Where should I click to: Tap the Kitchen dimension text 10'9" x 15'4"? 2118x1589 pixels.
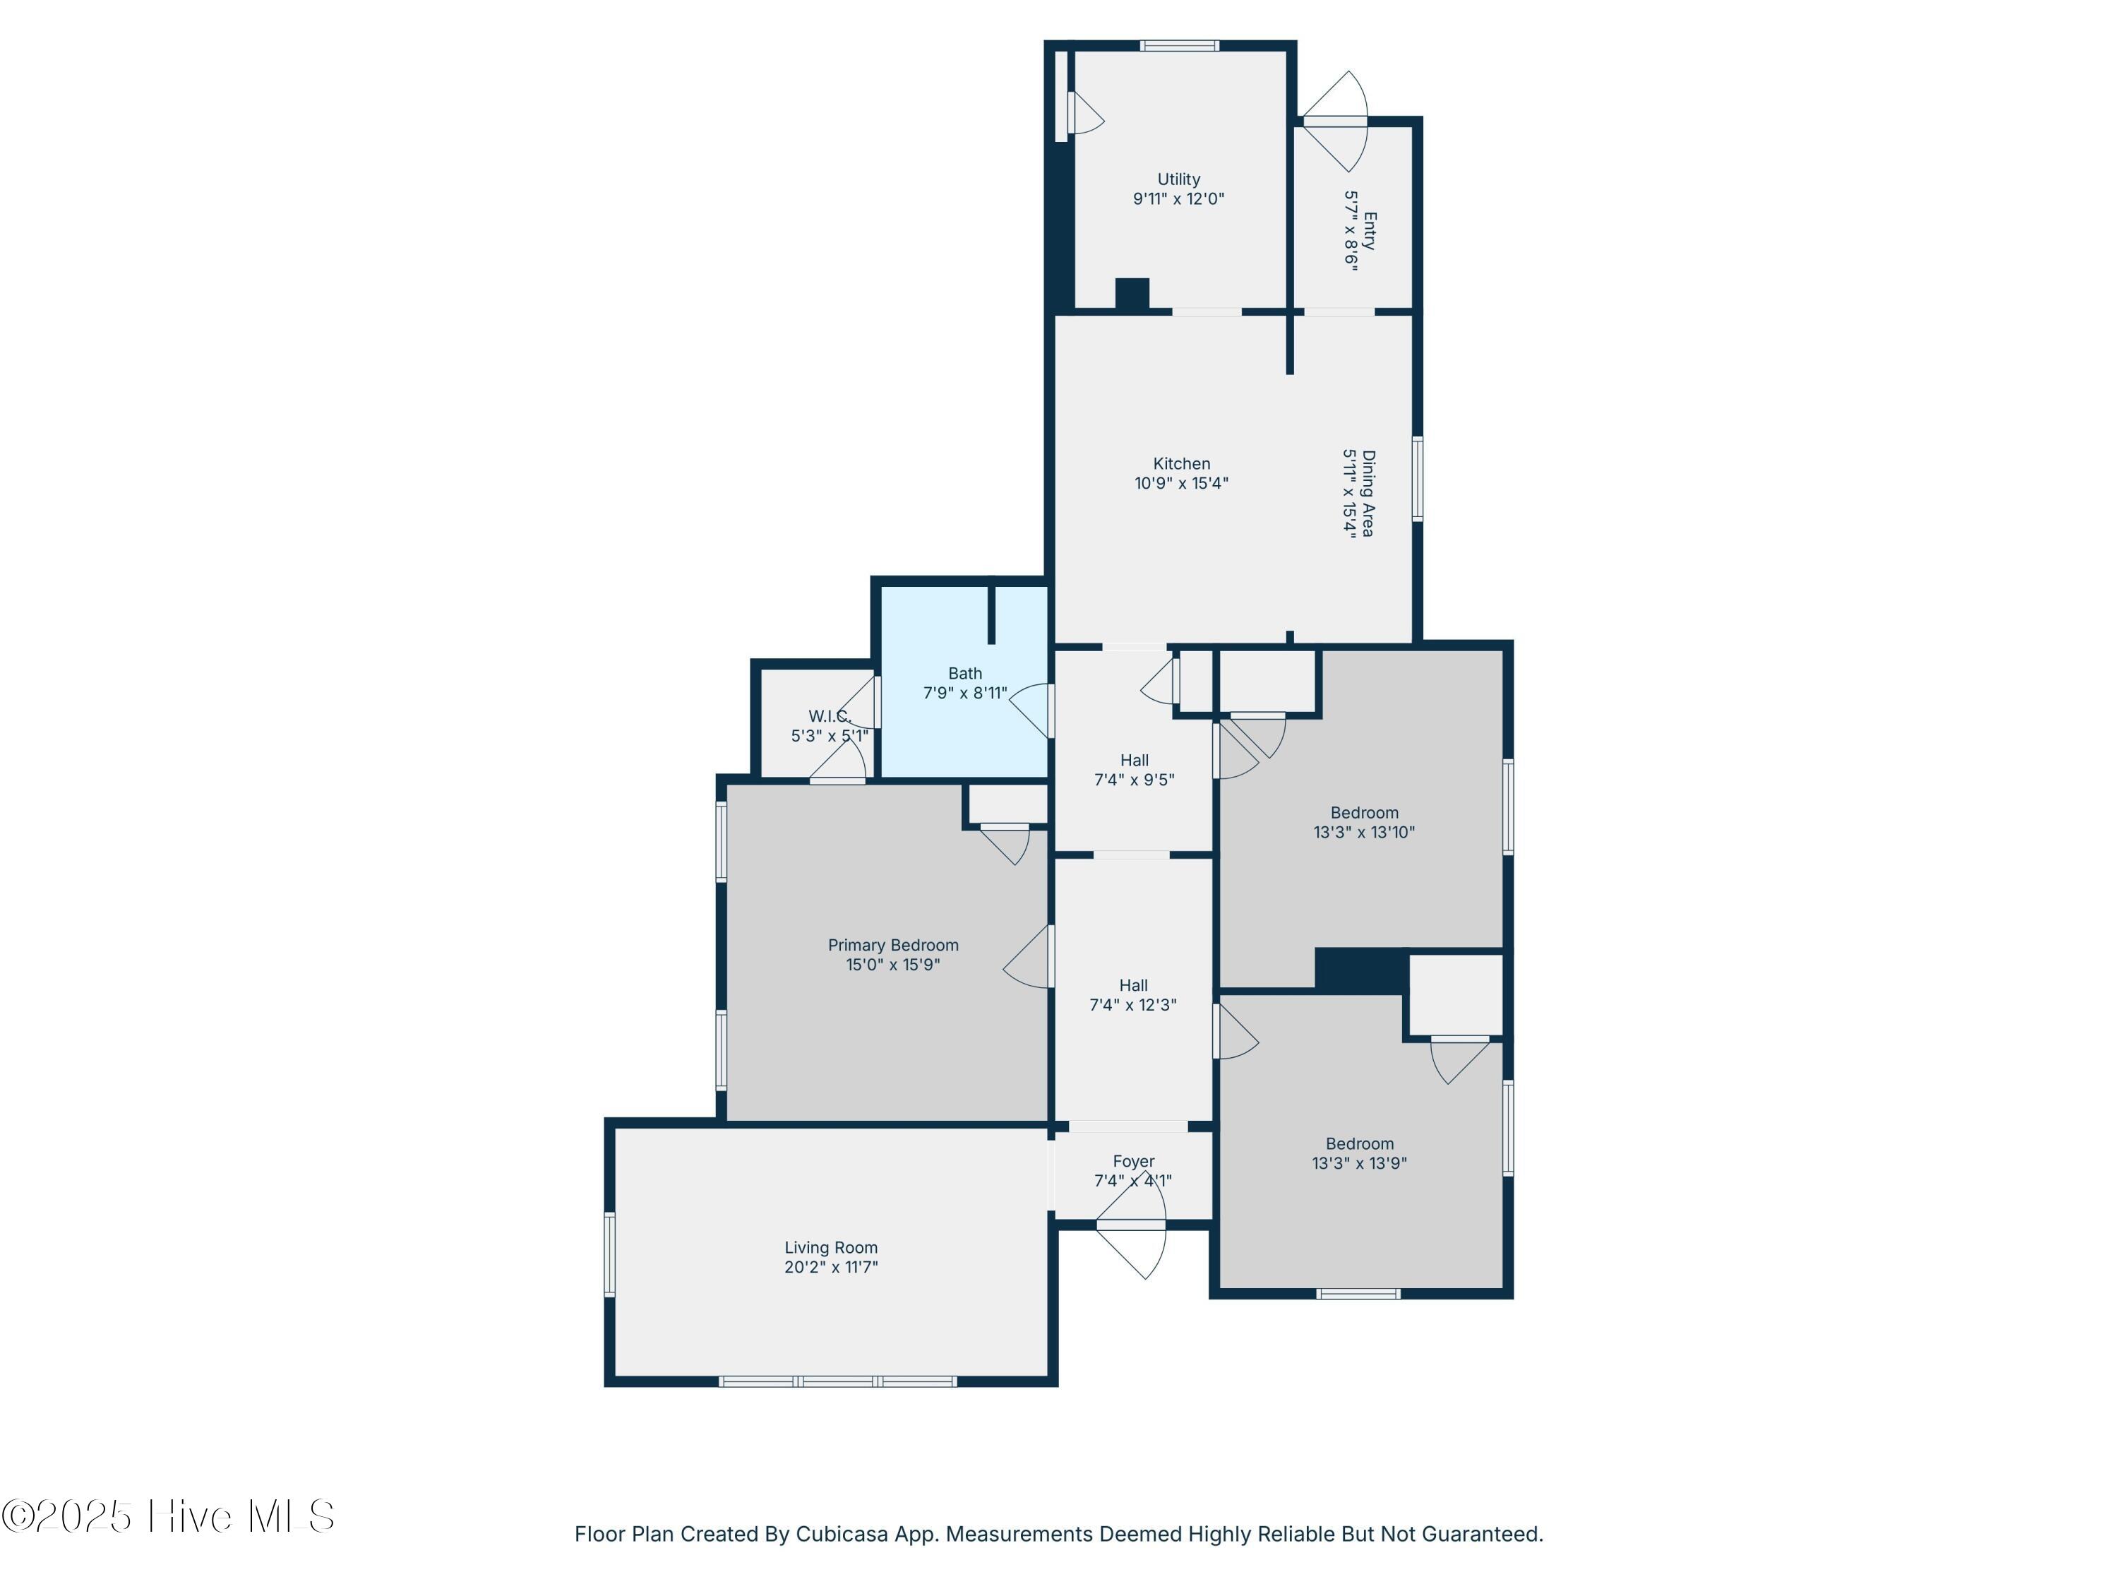pos(1182,484)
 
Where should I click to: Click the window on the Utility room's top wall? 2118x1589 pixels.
pos(1180,45)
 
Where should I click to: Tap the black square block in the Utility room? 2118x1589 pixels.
pos(1132,294)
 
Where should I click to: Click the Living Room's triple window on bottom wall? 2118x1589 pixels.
pos(838,1381)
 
